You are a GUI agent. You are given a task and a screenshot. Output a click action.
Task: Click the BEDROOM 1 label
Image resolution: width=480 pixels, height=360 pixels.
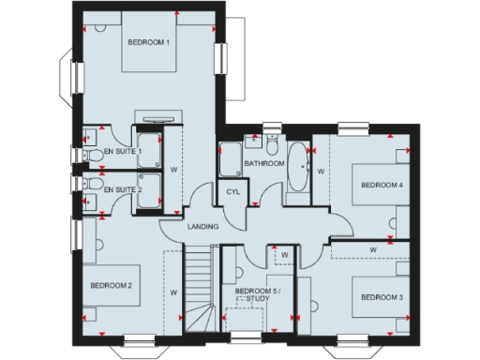tap(149, 43)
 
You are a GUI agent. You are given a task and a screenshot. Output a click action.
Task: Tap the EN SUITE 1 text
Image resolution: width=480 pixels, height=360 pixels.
tap(122, 151)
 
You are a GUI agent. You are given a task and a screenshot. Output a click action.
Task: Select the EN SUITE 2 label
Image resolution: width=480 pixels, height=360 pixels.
tap(122, 190)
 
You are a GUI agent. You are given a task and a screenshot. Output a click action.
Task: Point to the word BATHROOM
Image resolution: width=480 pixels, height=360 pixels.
tap(264, 163)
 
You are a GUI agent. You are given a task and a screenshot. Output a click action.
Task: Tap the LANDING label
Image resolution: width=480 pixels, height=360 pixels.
tap(203, 227)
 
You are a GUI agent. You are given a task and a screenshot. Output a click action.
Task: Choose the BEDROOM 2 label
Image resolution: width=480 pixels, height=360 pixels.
tap(111, 285)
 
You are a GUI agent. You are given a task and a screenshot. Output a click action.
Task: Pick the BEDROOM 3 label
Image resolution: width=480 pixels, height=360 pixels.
tap(382, 297)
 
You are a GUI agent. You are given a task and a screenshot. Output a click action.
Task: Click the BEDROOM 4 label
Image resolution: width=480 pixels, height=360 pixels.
tap(382, 186)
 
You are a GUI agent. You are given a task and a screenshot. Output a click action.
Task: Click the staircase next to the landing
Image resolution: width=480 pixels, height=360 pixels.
tap(200, 286)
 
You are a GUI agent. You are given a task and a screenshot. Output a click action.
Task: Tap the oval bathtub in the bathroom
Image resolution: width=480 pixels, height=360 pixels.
tap(297, 167)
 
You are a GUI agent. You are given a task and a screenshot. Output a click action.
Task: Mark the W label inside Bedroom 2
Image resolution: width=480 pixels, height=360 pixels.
tap(174, 292)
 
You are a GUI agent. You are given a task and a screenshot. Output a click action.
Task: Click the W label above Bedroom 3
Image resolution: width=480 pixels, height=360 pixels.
tap(373, 249)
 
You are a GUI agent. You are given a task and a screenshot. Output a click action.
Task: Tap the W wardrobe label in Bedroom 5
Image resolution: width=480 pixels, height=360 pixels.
tap(283, 253)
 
